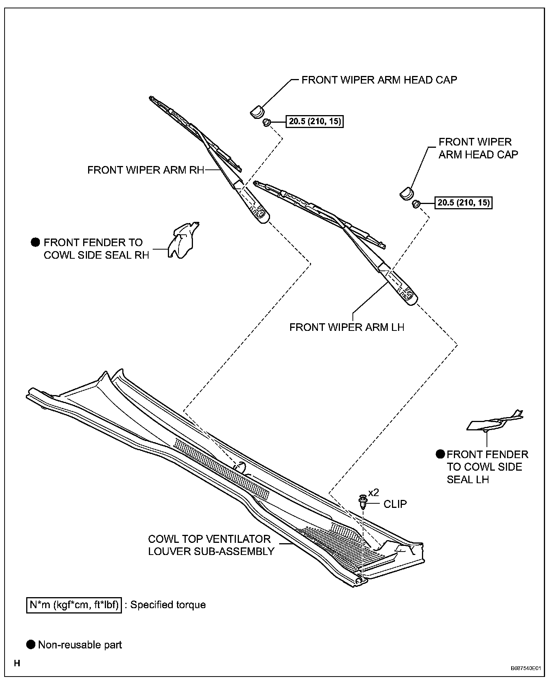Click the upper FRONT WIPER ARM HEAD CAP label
[x=379, y=80]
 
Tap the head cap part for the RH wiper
[x=256, y=112]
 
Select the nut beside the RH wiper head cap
[x=266, y=122]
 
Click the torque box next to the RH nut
[x=315, y=122]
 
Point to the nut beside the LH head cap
[x=416, y=204]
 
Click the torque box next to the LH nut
[x=463, y=202]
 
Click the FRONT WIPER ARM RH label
[x=145, y=170]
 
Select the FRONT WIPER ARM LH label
[x=346, y=327]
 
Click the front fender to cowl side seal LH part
[x=494, y=422]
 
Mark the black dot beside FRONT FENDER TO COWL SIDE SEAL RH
[x=35, y=242]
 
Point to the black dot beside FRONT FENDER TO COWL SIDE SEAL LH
[x=440, y=454]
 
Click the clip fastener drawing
[x=363, y=502]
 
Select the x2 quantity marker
[x=374, y=493]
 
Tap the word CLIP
[x=395, y=504]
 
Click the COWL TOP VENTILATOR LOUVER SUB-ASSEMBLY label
[x=211, y=545]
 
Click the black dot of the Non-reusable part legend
[x=31, y=644]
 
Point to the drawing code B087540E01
[x=525, y=668]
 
